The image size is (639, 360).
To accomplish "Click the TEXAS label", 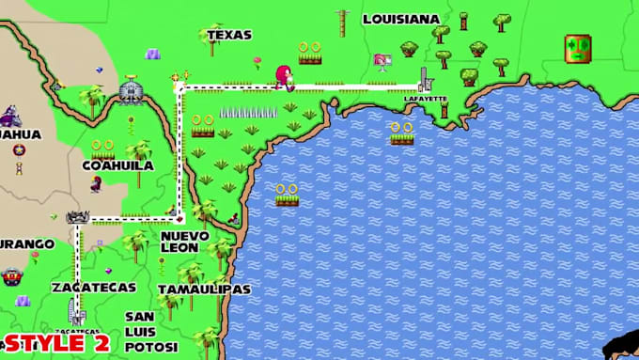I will pos(228,35).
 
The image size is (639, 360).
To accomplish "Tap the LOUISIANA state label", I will pos(401,19).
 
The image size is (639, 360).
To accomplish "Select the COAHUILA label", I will pos(117,165).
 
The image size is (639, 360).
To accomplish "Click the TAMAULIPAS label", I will pos(204,290).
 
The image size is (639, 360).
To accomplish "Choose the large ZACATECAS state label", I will pos(94,287).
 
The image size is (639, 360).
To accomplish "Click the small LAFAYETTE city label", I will pos(425,99).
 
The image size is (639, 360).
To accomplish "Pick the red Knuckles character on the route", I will pos(282,77).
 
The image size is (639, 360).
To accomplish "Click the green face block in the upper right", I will pos(578,47).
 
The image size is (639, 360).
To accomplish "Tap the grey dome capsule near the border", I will pos(132,91).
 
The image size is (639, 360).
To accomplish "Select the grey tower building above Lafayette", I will pos(425,79).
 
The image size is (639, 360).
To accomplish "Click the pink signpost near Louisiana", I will pos(382,60).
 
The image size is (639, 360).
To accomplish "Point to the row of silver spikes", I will pos(248,112).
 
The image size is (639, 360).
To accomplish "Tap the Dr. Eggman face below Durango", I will pos(11,276).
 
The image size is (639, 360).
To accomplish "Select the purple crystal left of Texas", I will pos(152,54).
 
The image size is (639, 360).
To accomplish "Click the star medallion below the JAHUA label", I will pos(19,150).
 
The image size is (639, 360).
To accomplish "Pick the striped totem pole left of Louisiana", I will pos(342,23).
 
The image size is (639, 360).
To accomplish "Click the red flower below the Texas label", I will pos(257,62).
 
